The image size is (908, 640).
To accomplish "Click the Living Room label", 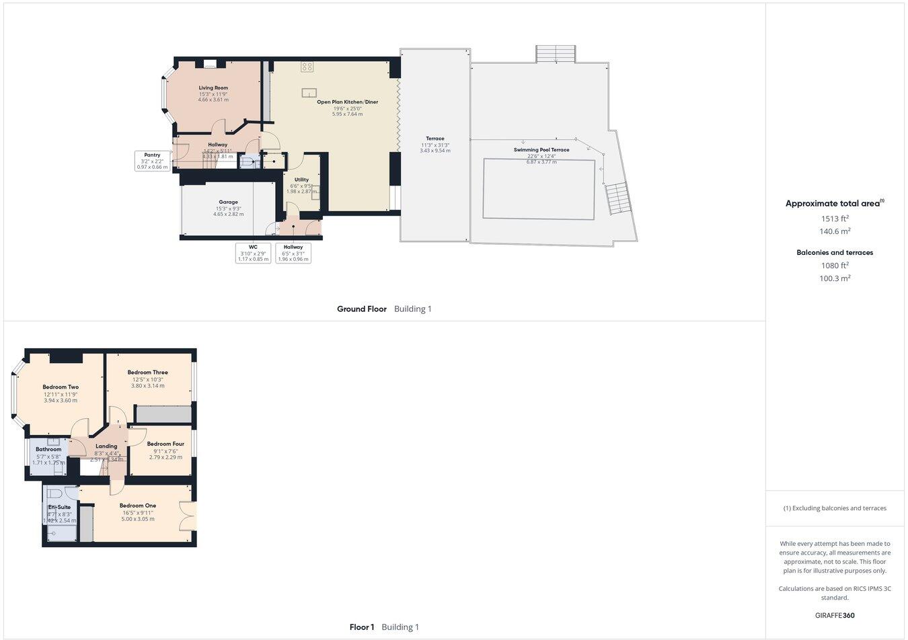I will click(213, 88).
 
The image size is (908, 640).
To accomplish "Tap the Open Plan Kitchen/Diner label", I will click(347, 102).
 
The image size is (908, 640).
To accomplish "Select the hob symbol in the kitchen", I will click(307, 67).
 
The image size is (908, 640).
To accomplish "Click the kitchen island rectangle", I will click(309, 92).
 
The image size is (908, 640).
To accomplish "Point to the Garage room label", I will click(228, 202).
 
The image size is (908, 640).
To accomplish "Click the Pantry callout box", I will click(152, 161).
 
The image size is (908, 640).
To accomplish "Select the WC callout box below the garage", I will click(253, 253).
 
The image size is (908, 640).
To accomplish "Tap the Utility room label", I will click(301, 179).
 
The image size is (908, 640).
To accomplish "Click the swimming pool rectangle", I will click(539, 189).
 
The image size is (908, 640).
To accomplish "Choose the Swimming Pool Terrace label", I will click(541, 150).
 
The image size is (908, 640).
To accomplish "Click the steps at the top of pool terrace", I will click(556, 54).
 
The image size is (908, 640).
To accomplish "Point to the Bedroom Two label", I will click(61, 387).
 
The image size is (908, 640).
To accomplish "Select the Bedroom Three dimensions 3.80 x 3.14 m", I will click(148, 386).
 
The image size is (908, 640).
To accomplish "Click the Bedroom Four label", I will click(165, 444).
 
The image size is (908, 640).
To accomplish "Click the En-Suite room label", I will click(59, 508).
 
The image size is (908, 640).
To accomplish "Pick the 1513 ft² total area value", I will click(835, 218).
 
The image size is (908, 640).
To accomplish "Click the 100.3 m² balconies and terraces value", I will click(835, 278).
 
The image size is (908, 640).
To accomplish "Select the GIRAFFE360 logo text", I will click(835, 615).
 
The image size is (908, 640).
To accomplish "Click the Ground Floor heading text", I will click(362, 309).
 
